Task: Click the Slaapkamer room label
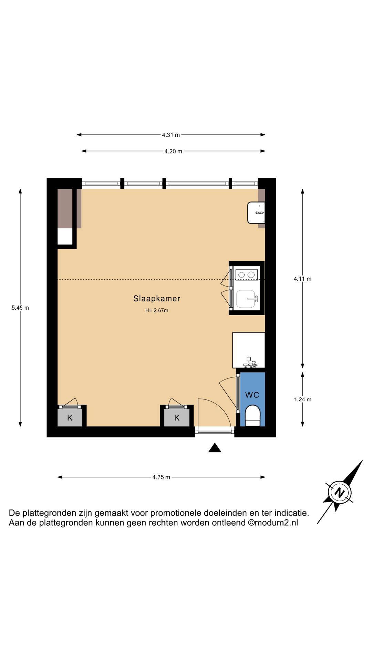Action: [x=157, y=298]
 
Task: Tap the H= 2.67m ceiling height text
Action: [x=157, y=310]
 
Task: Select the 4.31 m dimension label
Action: [x=171, y=135]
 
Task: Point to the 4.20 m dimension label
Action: [x=173, y=151]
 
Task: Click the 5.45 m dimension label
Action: [x=20, y=308]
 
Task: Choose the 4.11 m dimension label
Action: [x=302, y=279]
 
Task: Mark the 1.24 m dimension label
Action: [x=302, y=399]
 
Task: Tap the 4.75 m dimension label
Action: [x=161, y=477]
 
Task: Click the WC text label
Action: [x=252, y=395]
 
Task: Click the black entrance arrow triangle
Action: [x=215, y=448]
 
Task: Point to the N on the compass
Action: [x=340, y=493]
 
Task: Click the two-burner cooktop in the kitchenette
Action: [x=247, y=275]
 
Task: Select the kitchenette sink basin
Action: [x=247, y=299]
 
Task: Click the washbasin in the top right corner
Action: [x=256, y=213]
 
